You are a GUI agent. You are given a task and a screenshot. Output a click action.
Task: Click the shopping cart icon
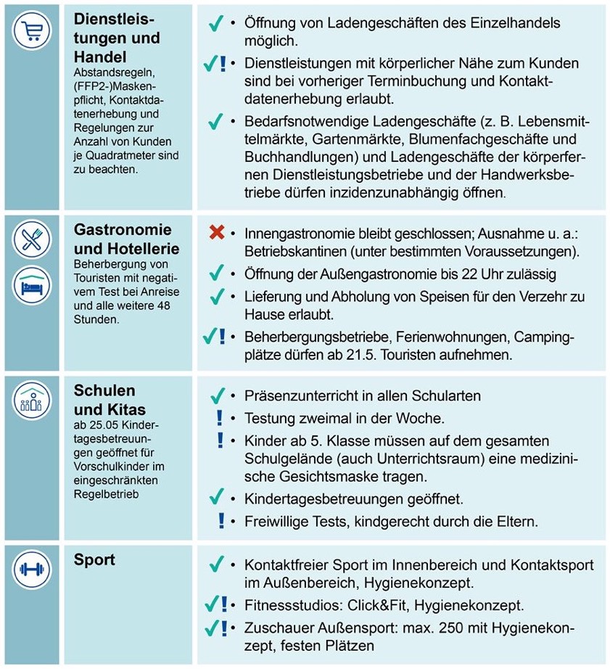31,31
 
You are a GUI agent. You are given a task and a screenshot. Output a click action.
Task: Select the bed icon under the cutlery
31,282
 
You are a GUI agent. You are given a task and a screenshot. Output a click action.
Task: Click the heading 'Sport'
94,560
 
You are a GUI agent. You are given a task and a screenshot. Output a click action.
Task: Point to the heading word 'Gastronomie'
123,231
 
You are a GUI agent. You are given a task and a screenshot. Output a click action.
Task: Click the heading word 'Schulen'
104,391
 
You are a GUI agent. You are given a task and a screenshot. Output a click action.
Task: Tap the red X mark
216,234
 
